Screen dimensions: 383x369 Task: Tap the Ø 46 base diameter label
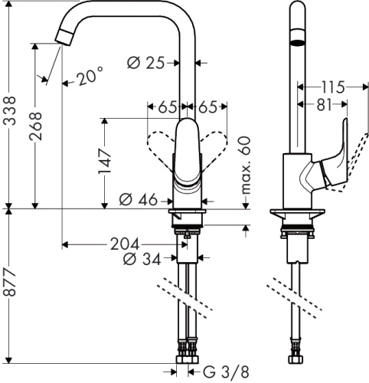tap(139, 200)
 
